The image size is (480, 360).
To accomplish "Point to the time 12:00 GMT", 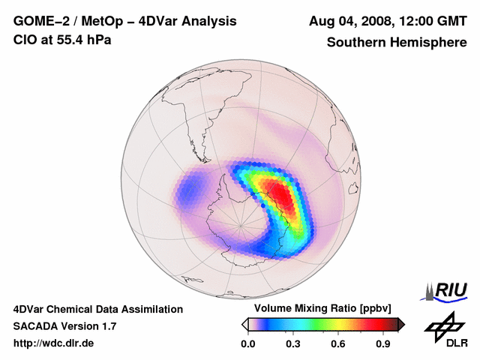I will point(429,21).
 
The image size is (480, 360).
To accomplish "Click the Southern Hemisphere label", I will point(396,42).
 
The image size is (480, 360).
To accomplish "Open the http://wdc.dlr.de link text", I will point(54,343).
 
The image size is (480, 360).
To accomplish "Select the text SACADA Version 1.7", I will point(64,326).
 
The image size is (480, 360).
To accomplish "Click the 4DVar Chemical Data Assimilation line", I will point(98,309).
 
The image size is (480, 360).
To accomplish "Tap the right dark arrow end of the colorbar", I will point(401,324).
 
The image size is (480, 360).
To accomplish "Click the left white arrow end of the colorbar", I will point(245,324).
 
